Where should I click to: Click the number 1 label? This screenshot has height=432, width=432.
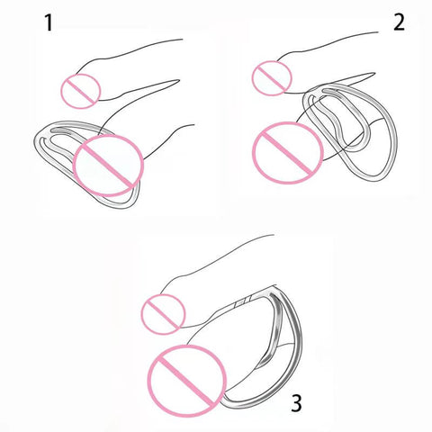click(x=49, y=23)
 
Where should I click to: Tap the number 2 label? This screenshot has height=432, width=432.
click(x=399, y=22)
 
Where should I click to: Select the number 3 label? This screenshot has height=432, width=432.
click(x=296, y=403)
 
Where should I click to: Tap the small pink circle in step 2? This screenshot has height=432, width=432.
click(x=252, y=78)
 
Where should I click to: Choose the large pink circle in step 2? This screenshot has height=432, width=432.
click(x=253, y=152)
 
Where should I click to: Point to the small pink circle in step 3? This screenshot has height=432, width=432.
click(x=141, y=314)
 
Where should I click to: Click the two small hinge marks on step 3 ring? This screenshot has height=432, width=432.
click(x=243, y=302)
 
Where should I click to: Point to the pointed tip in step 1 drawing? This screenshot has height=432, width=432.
click(x=179, y=80)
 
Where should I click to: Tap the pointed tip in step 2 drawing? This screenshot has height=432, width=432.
click(x=374, y=73)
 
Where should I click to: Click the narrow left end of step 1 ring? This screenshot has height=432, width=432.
click(x=35, y=141)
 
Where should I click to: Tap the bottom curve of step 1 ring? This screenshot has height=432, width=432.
click(x=119, y=204)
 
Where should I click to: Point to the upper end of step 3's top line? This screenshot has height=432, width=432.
click(x=274, y=235)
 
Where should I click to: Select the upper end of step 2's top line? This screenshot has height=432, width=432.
click(x=378, y=32)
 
